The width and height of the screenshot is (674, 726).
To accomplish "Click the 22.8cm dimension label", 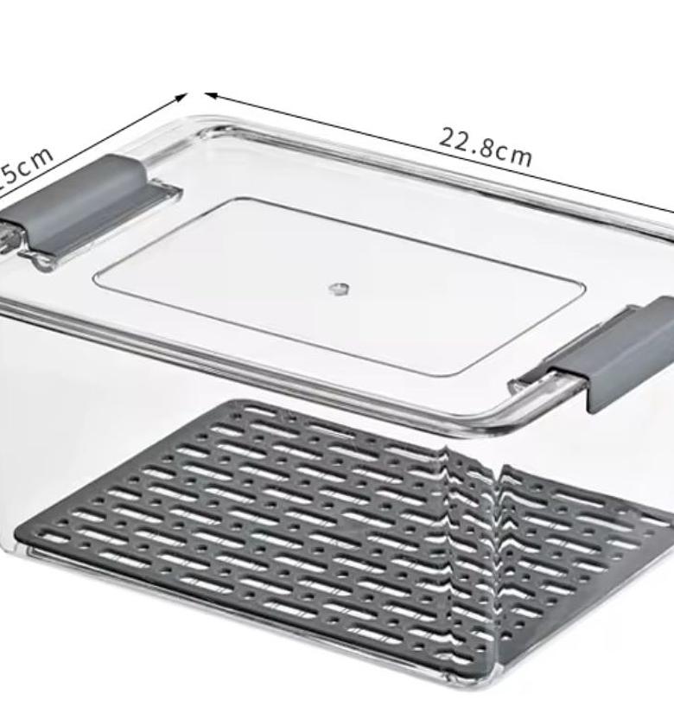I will (x=486, y=147).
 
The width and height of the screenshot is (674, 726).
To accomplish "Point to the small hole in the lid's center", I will (x=339, y=285).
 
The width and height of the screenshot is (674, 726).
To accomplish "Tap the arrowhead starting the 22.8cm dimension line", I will (x=210, y=96).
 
